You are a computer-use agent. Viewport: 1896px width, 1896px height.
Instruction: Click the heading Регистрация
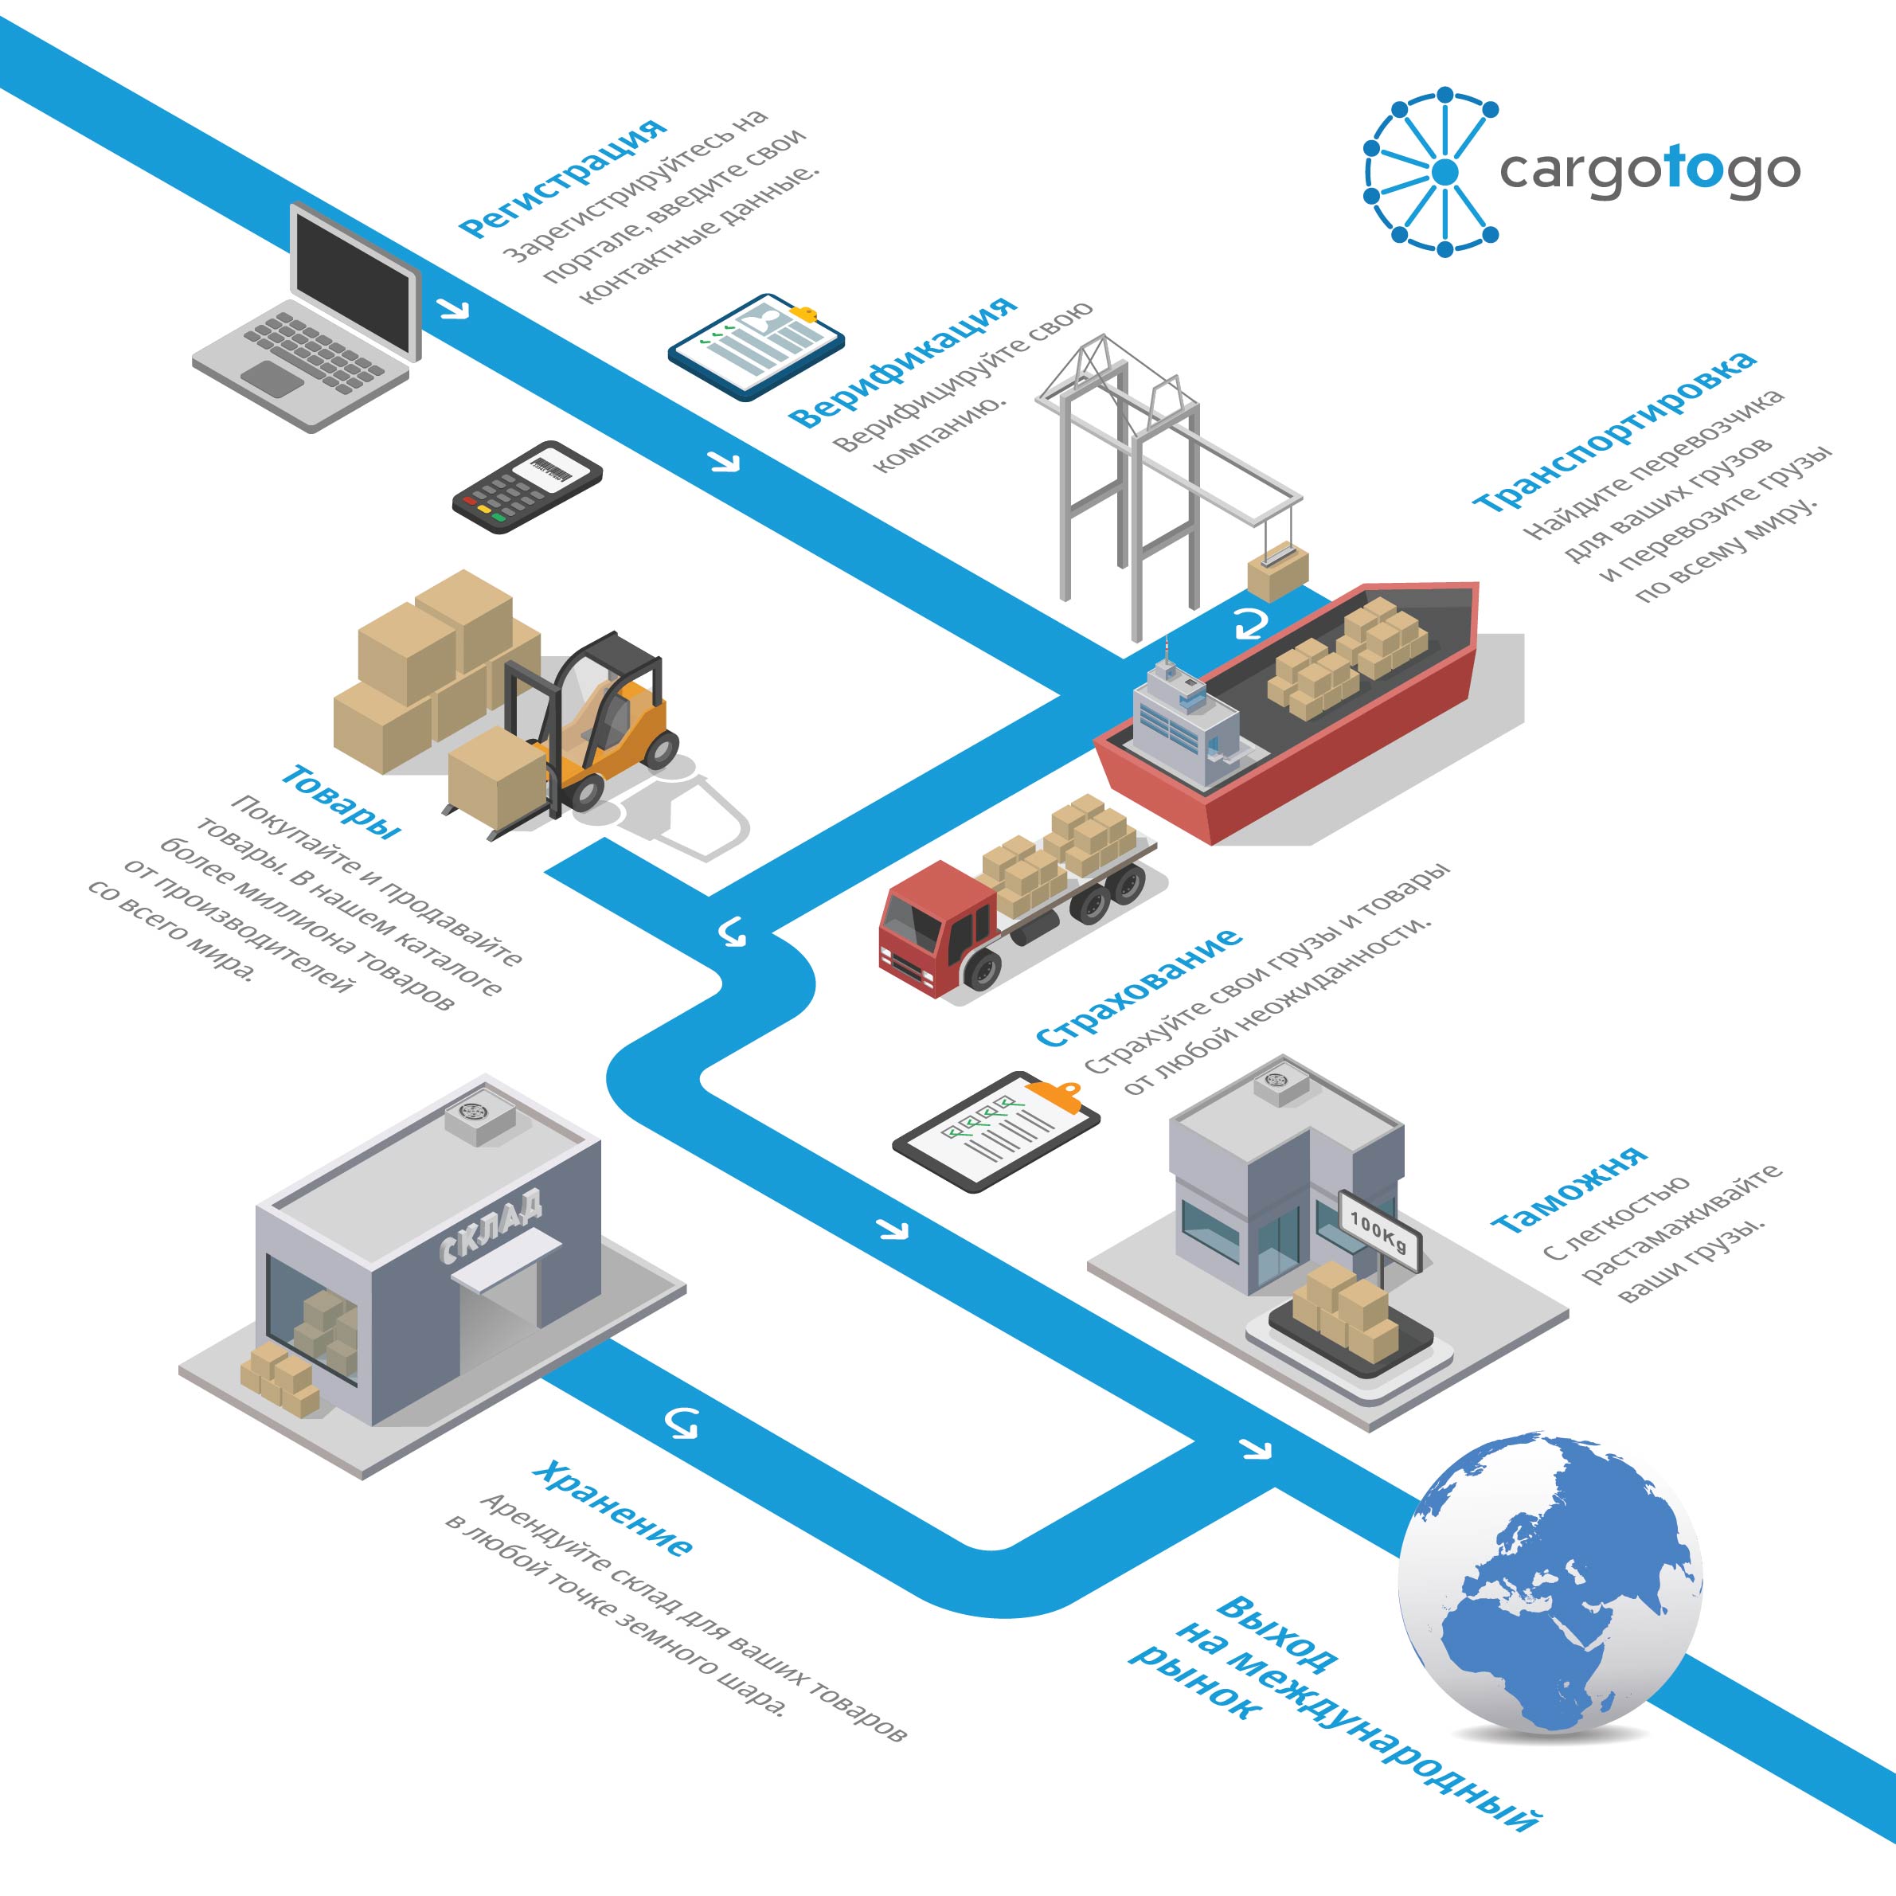tap(562, 178)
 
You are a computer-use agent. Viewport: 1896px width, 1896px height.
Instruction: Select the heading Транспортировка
tap(1614, 429)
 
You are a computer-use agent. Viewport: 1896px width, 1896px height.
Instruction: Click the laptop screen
tap(354, 280)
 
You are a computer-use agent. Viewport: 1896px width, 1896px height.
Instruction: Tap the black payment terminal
tap(527, 486)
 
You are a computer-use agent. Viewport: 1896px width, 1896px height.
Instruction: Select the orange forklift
tap(588, 731)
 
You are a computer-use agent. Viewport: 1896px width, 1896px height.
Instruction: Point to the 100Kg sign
tap(1379, 1229)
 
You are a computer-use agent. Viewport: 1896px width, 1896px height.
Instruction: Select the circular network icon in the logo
tap(1432, 172)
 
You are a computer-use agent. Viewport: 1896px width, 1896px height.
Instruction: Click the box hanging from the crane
tap(1278, 573)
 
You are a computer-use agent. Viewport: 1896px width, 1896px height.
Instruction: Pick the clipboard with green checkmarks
tap(996, 1131)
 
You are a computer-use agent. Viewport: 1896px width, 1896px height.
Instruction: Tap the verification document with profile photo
tap(756, 346)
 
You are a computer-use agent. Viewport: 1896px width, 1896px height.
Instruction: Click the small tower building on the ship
tap(1186, 717)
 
